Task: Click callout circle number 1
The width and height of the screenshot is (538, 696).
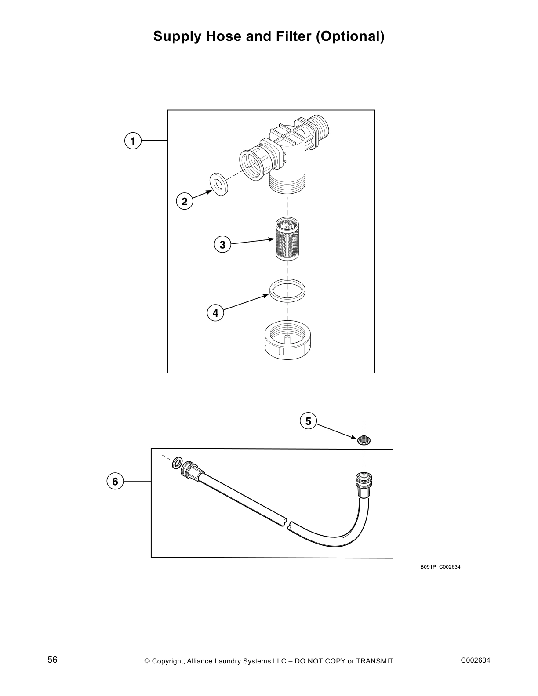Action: [133, 141]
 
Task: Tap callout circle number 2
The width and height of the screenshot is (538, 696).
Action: [185, 202]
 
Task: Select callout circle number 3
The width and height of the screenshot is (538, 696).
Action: [222, 244]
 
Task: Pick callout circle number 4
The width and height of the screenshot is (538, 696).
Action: [215, 313]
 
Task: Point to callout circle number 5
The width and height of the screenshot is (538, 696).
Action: [308, 421]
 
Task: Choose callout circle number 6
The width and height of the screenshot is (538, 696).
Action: [115, 481]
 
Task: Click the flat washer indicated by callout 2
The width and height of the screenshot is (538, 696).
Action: [218, 184]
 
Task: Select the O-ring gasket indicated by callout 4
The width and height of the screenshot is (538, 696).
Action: [287, 290]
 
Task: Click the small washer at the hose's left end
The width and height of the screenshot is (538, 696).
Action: [178, 463]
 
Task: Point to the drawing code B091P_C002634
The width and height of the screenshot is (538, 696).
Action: [440, 567]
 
